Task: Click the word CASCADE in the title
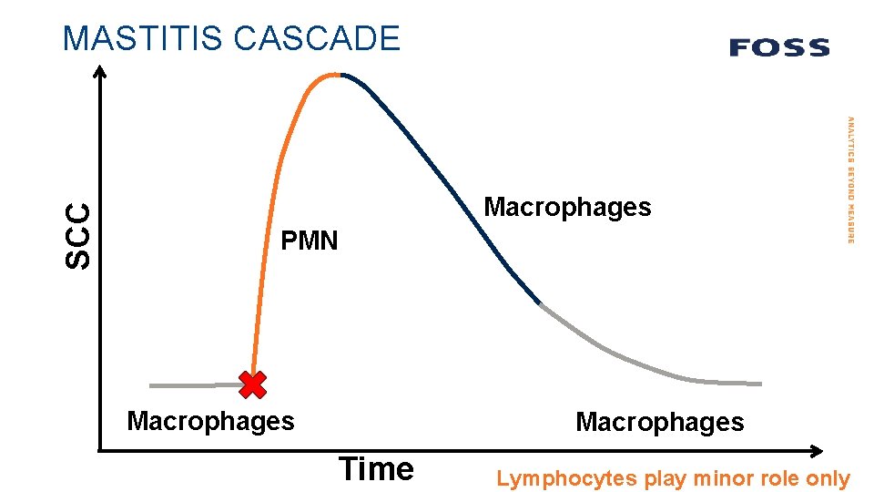pyautogui.click(x=316, y=38)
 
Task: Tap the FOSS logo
pyautogui.click(x=779, y=47)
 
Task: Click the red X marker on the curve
pyautogui.click(x=252, y=385)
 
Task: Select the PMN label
pyautogui.click(x=309, y=241)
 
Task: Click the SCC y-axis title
pyautogui.click(x=79, y=235)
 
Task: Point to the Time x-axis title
pyautogui.click(x=376, y=469)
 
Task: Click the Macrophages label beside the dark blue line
pyautogui.click(x=567, y=208)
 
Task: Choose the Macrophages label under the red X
pyautogui.click(x=210, y=421)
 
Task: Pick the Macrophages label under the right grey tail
pyautogui.click(x=659, y=423)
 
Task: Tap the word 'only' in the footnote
pyautogui.click(x=828, y=479)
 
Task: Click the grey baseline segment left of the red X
pyautogui.click(x=191, y=385)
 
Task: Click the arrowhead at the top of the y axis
pyautogui.click(x=100, y=72)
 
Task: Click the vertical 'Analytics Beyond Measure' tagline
pyautogui.click(x=850, y=179)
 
